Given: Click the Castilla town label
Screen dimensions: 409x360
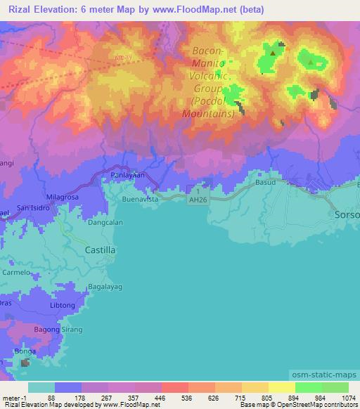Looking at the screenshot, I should pyautogui.click(x=100, y=249).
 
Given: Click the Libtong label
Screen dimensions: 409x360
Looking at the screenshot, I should pyautogui.click(x=63, y=306).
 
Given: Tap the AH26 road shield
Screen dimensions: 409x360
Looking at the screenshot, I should pyautogui.click(x=201, y=200).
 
